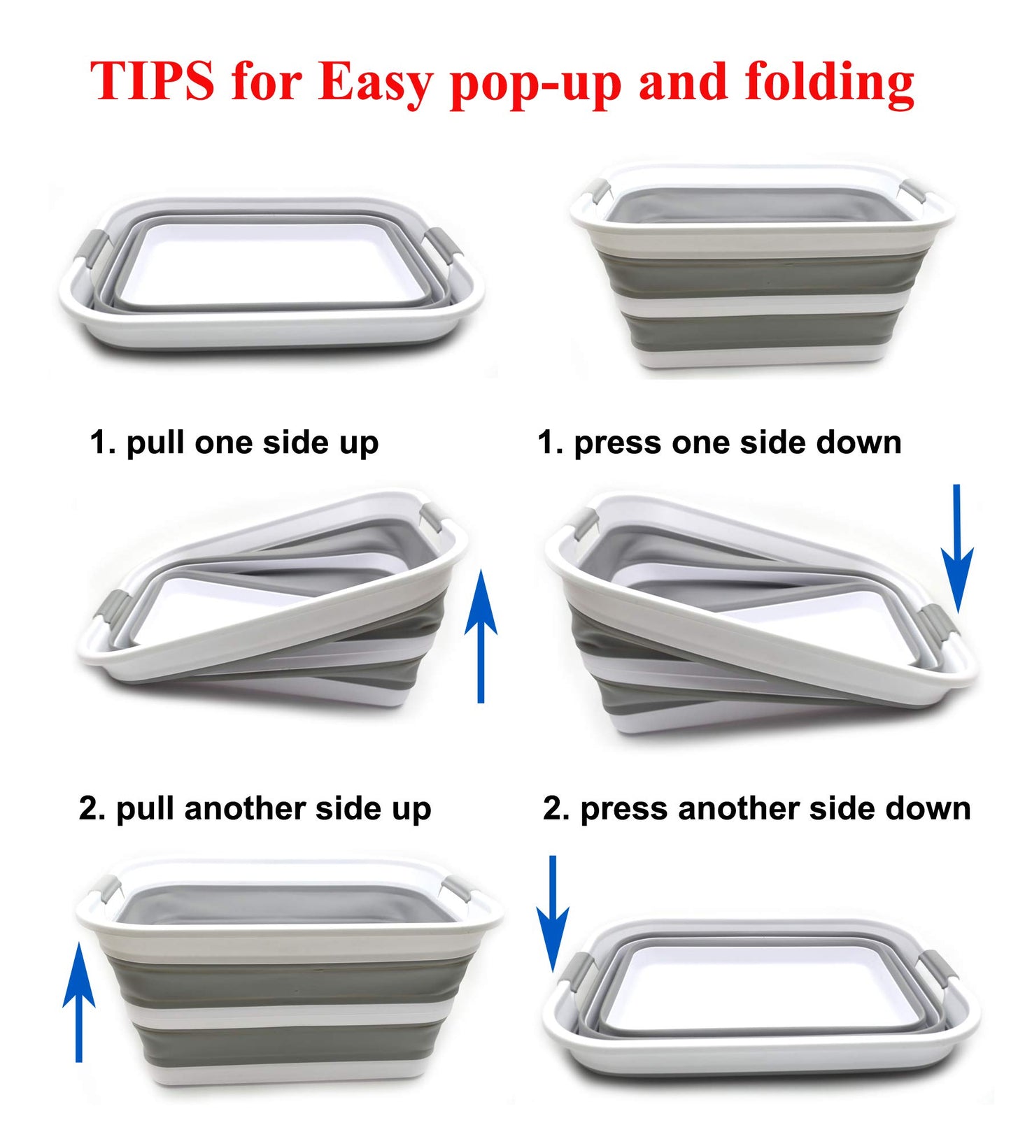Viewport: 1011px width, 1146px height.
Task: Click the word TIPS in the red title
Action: (x=152, y=80)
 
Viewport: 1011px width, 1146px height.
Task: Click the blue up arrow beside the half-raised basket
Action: (x=481, y=636)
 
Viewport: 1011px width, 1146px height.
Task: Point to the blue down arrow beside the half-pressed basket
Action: (x=957, y=548)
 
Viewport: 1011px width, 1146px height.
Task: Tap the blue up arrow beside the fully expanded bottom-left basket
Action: (x=79, y=1001)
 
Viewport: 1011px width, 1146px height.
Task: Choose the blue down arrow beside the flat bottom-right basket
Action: (x=553, y=913)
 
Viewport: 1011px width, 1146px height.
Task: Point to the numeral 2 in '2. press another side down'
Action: (x=552, y=809)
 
